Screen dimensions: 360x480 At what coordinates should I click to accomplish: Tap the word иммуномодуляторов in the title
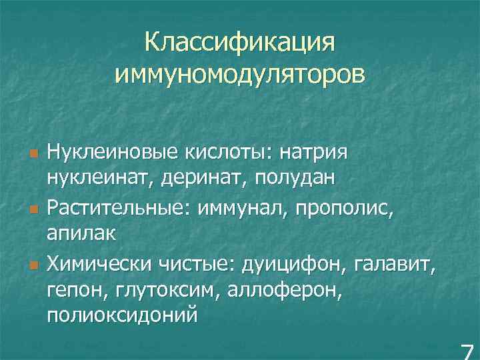click(x=240, y=73)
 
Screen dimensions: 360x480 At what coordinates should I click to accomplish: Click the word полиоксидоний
click(x=122, y=314)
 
